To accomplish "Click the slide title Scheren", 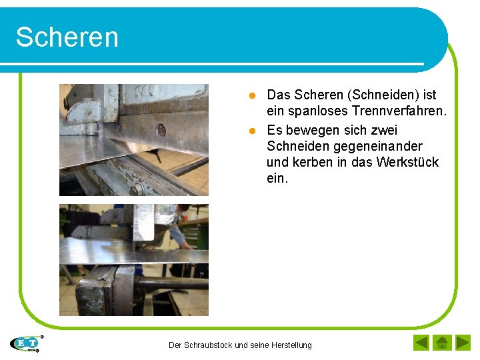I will [x=67, y=37].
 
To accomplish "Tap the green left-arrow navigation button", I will [x=421, y=343].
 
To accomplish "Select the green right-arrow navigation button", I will [x=463, y=343].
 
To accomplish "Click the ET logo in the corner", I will [x=25, y=343].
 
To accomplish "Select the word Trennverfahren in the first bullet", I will [x=401, y=111].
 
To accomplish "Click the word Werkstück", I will [x=407, y=162].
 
